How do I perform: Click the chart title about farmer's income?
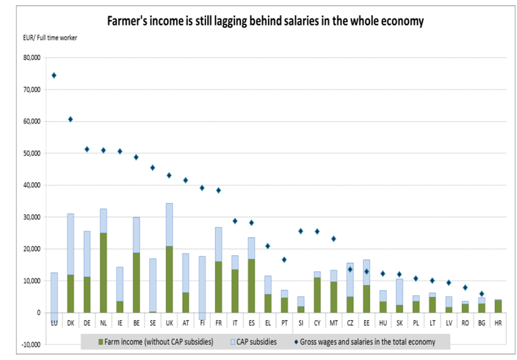point(265,21)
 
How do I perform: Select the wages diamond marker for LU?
point(54,75)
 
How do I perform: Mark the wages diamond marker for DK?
point(70,119)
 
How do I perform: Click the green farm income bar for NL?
point(103,273)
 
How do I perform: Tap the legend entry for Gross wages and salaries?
point(365,341)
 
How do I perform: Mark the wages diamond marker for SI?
point(301,231)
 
